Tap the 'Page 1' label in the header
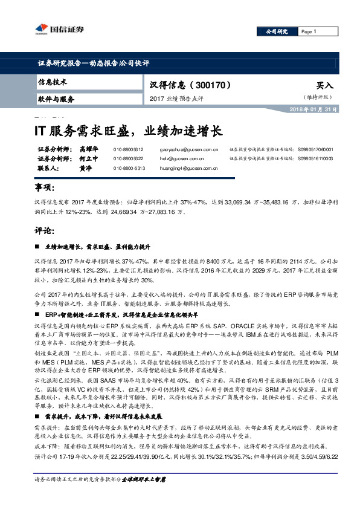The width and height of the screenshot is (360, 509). pyautogui.click(x=309, y=31)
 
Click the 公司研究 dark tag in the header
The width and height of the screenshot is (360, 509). pyautogui.click(x=275, y=31)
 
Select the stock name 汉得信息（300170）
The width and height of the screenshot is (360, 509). pyautogui.click(x=187, y=85)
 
